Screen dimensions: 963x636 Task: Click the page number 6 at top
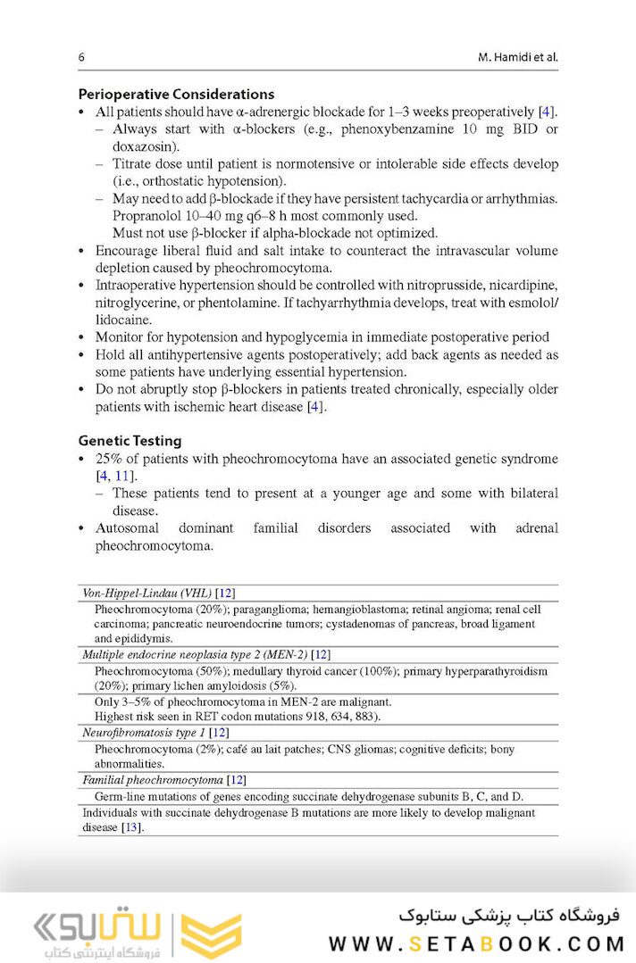81,58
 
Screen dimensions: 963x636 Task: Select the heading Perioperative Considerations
176,94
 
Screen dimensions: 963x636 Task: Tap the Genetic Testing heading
130,440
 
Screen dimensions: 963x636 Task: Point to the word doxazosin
144,146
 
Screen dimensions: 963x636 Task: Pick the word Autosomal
130,528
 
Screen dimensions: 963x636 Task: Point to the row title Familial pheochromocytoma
152,780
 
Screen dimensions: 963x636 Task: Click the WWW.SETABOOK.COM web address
475,944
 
